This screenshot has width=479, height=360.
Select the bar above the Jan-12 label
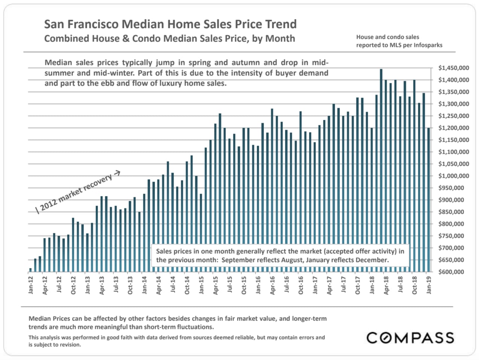click(30, 270)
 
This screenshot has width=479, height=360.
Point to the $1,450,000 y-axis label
click(453, 68)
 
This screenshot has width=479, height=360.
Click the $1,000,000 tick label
click(453, 176)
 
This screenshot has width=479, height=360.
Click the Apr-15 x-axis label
click(215, 286)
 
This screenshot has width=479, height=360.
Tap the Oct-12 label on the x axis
click(73, 286)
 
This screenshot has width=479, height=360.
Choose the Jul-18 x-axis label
click(400, 285)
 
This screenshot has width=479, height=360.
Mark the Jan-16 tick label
click(258, 285)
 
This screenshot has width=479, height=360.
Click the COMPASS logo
click(410, 338)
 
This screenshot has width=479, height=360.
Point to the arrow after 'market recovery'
click(117, 173)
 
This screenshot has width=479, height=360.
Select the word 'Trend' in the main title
click(281, 24)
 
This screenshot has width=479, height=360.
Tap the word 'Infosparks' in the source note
click(428, 45)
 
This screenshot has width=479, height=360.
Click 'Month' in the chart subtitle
click(280, 39)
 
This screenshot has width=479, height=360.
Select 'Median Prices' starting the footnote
click(51, 319)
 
